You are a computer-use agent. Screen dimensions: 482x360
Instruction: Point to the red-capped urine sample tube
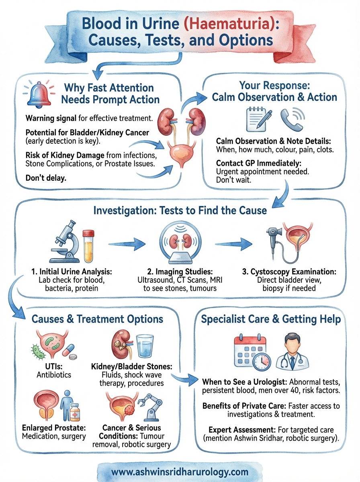pos(88,245)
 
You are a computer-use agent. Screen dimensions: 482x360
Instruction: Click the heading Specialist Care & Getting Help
pos(270,319)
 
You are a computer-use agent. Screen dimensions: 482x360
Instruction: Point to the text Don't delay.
pos(45,177)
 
